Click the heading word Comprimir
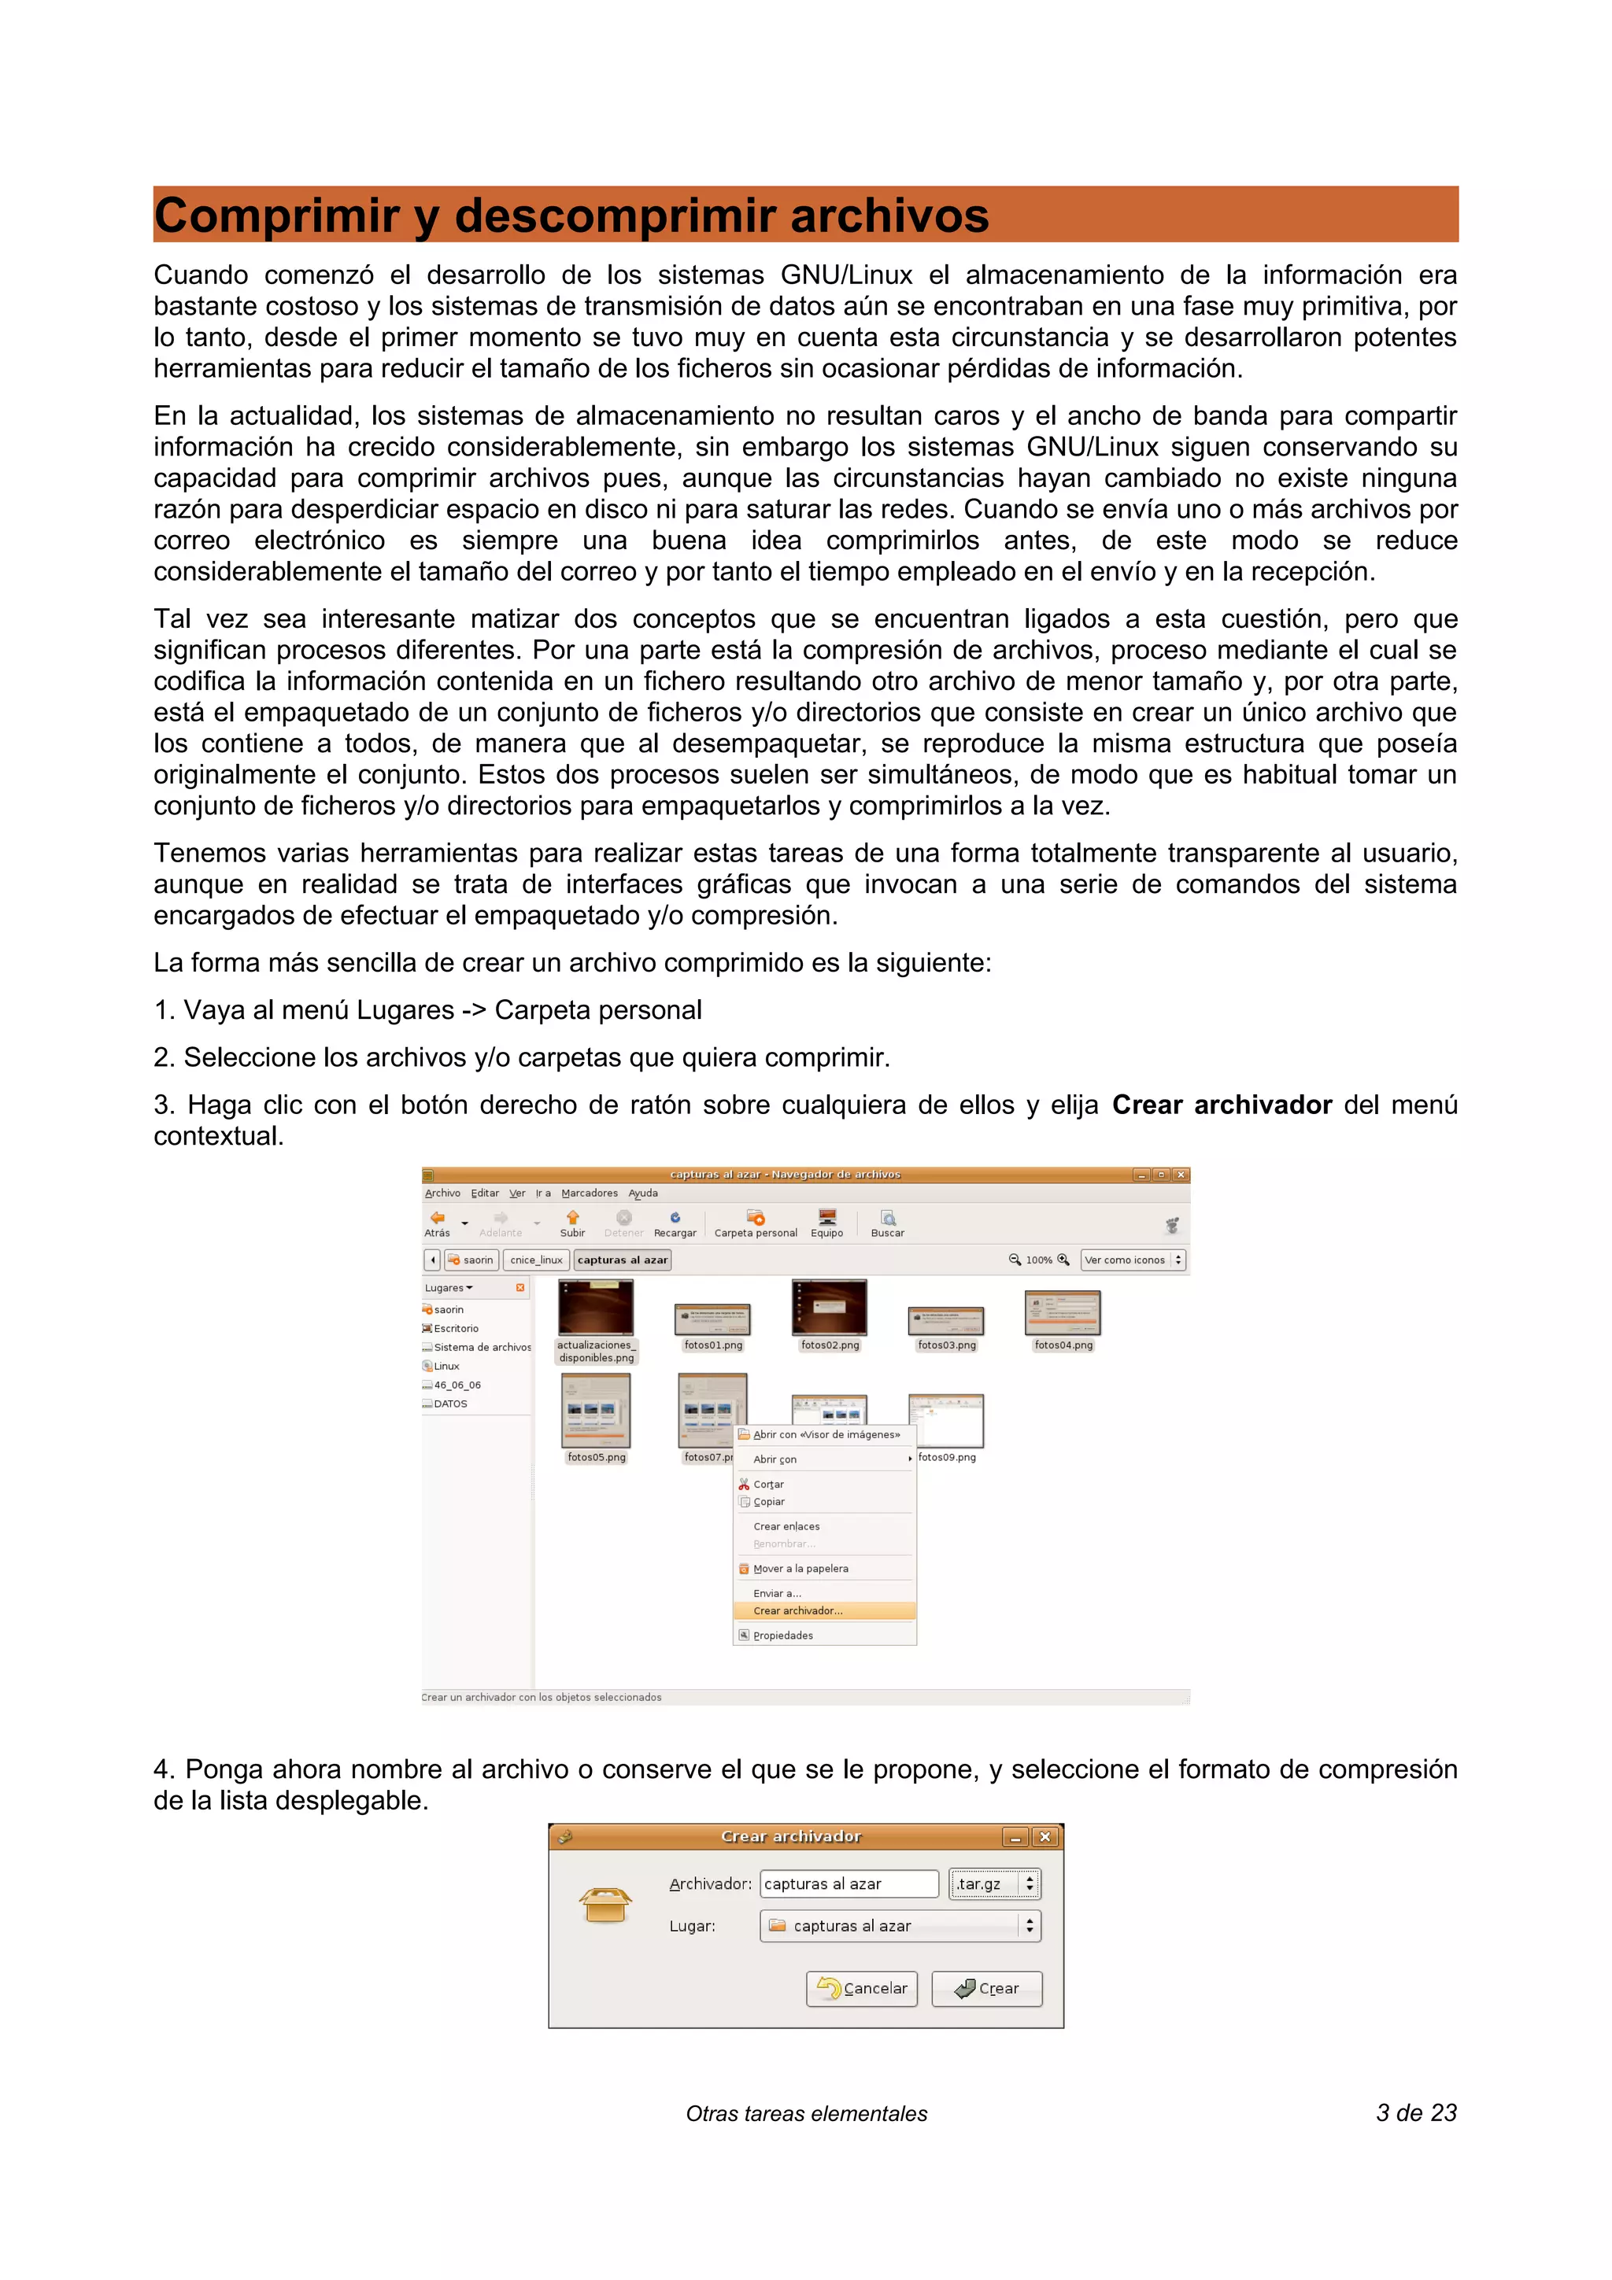click(x=275, y=216)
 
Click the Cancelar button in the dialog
click(x=861, y=1988)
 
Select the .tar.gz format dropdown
click(x=994, y=1883)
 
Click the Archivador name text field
click(x=849, y=1883)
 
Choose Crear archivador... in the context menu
click(x=797, y=1610)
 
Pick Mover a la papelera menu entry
click(x=800, y=1569)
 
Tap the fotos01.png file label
click(x=713, y=1345)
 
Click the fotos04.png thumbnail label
click(x=1063, y=1345)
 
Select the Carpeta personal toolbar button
click(x=755, y=1223)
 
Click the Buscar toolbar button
click(x=887, y=1223)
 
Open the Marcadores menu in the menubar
click(x=589, y=1193)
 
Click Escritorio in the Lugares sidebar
click(x=456, y=1329)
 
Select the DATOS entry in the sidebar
click(x=450, y=1404)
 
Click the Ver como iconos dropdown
click(x=1133, y=1260)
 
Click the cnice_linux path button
click(x=536, y=1260)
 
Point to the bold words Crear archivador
click(x=1221, y=1105)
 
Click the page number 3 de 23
click(x=1415, y=2113)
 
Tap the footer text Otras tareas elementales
click(x=807, y=2114)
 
